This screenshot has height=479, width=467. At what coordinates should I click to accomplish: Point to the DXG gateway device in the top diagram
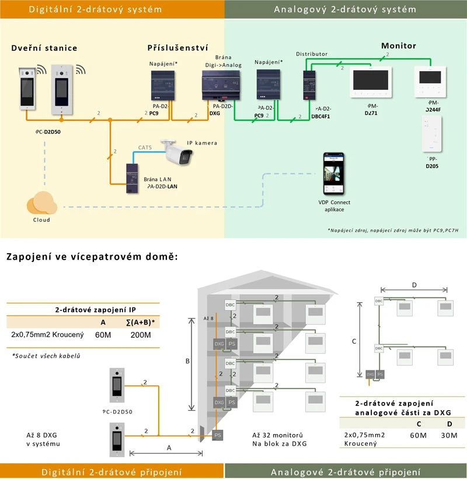(221, 85)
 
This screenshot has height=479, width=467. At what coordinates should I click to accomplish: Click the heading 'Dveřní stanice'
(44, 48)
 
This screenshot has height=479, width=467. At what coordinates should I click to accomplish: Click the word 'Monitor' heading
(399, 46)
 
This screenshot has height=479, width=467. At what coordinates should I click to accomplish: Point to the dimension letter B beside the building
(187, 362)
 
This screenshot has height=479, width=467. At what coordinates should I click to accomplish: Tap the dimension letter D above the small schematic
(414, 284)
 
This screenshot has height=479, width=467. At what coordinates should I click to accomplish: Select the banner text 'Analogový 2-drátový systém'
(346, 9)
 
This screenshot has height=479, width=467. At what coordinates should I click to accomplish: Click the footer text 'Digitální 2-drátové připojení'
(111, 471)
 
